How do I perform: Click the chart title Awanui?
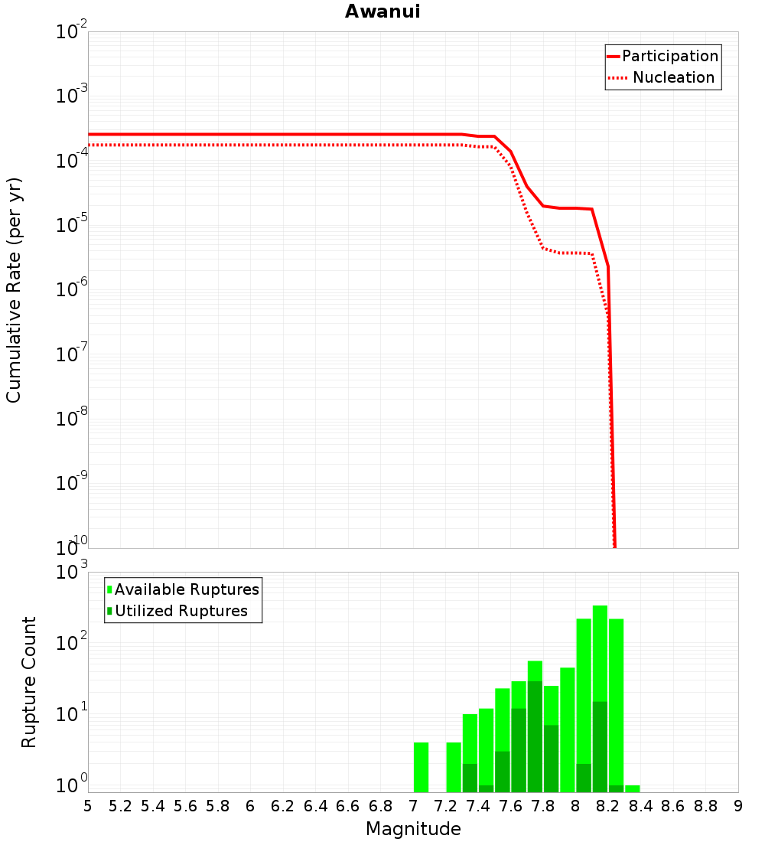click(382, 11)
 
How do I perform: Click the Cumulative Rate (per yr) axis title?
click(14, 289)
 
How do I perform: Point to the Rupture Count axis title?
click(29, 682)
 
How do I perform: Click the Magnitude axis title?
click(413, 829)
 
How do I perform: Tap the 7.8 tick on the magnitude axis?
click(543, 806)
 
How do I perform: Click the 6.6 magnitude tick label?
click(348, 806)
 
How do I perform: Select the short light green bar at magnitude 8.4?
click(632, 788)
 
